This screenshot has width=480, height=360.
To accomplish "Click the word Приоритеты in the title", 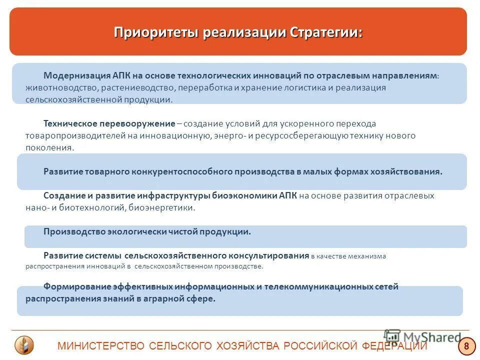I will (x=156, y=32).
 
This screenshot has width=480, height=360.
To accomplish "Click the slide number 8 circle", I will (x=466, y=346).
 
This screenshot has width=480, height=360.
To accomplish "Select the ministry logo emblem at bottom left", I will (x=24, y=345).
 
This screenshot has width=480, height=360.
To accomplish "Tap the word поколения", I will (x=49, y=147).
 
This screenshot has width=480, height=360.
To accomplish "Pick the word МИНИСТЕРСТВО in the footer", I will (x=100, y=346).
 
